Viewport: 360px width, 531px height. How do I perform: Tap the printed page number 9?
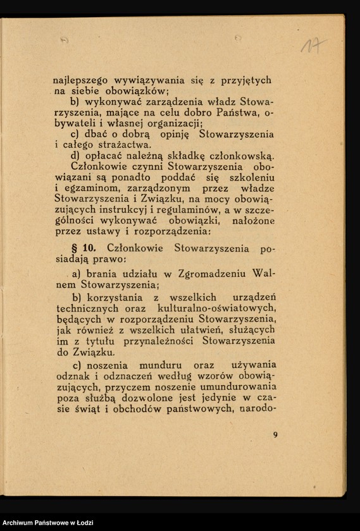click(275, 434)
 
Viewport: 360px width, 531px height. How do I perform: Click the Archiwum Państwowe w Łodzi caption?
click(47, 522)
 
